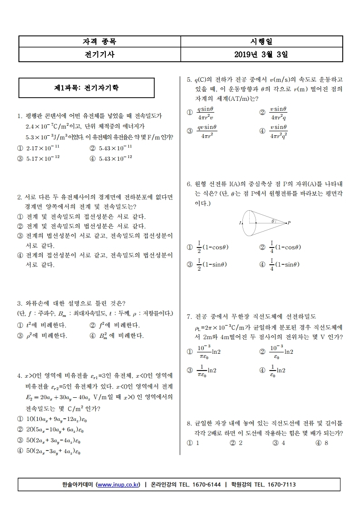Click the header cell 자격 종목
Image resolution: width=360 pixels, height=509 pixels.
(99, 42)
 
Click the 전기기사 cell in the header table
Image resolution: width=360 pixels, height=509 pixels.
(99, 54)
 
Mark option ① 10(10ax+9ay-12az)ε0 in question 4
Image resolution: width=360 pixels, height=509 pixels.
(50, 419)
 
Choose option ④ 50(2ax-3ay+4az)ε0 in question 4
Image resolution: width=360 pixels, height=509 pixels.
(50, 451)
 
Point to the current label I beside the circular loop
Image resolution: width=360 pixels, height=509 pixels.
(240, 223)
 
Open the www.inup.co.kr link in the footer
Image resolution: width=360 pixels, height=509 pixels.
(118, 484)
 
